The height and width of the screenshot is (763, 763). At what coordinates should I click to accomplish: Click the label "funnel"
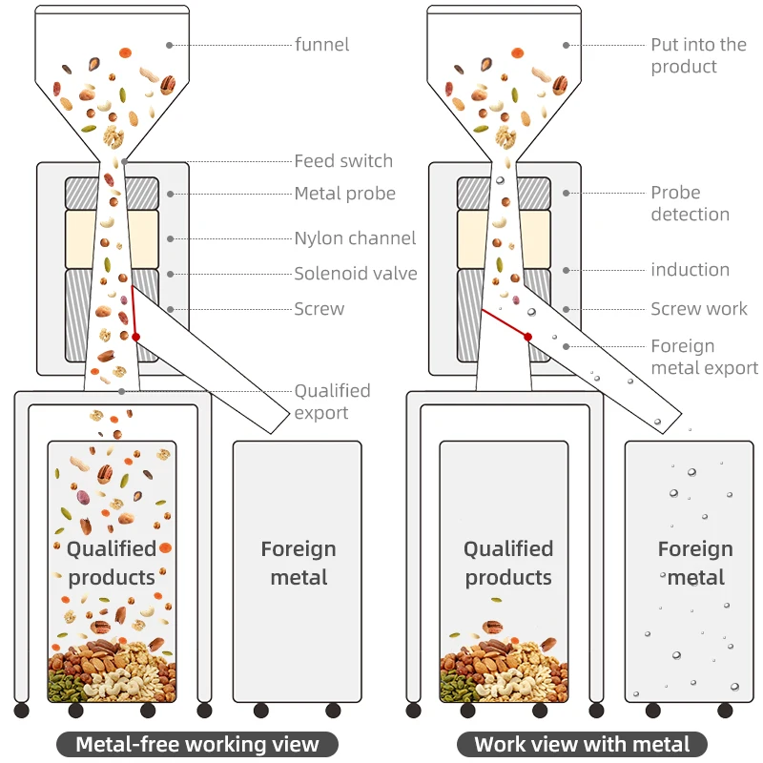[x=321, y=45]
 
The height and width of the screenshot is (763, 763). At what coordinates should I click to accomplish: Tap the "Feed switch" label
[x=343, y=161]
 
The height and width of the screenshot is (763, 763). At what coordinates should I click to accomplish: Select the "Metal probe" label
[x=345, y=194]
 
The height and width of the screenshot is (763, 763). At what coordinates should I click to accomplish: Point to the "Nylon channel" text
[x=355, y=238]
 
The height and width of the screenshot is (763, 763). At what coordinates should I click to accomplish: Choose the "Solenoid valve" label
[x=356, y=274]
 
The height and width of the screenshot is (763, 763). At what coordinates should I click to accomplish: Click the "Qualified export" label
[x=332, y=402]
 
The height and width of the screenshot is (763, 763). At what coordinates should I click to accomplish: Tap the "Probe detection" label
[x=690, y=203]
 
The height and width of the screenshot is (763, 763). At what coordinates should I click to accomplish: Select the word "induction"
[x=690, y=270]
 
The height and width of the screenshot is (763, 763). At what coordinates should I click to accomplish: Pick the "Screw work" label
[x=699, y=308]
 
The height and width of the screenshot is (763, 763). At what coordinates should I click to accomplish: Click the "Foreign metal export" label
[x=704, y=357]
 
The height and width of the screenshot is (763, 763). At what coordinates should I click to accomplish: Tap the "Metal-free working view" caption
[x=197, y=745]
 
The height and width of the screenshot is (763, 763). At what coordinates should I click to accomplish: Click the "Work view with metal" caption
[x=582, y=745]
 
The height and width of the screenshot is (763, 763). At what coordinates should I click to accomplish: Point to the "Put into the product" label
[x=699, y=55]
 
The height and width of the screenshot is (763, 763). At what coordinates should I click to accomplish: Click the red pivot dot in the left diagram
[x=135, y=337]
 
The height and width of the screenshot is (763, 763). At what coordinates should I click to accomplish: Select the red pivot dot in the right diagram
[x=528, y=337]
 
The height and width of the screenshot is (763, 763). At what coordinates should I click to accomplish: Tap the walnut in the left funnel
[x=113, y=136]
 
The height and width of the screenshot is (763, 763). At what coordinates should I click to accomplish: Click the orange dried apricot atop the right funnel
[x=518, y=52]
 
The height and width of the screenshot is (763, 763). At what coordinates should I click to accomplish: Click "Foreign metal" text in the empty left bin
[x=299, y=564]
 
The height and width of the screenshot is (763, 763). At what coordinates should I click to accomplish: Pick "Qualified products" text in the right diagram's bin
[x=508, y=564]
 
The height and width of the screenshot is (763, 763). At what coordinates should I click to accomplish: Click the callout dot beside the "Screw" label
[x=171, y=309]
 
